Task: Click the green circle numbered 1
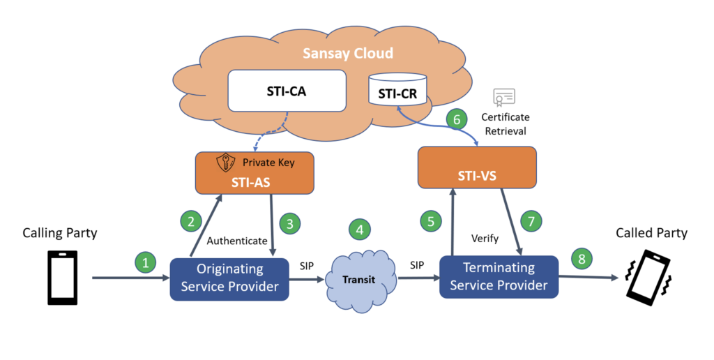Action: coord(145,263)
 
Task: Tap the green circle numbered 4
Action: coord(360,230)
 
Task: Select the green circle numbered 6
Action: coord(457,119)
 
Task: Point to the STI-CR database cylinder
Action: coord(397,89)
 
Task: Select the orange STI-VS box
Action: coord(477,167)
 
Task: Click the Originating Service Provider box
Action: coord(229,278)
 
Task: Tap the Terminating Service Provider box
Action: coord(499,276)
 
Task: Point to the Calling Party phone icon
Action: coord(62,277)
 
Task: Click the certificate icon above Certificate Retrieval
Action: coord(503,97)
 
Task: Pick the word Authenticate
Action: coord(237,241)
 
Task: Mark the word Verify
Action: coord(485,239)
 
